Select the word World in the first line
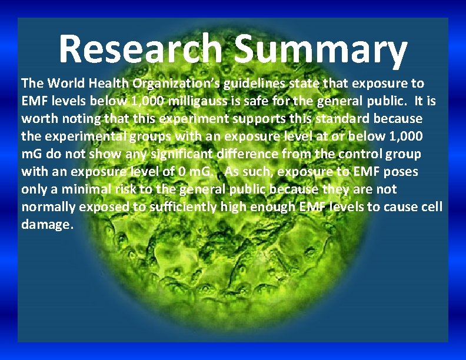pos(64,84)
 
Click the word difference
pos(265,154)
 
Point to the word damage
pos(47,225)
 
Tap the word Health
pos(108,84)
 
